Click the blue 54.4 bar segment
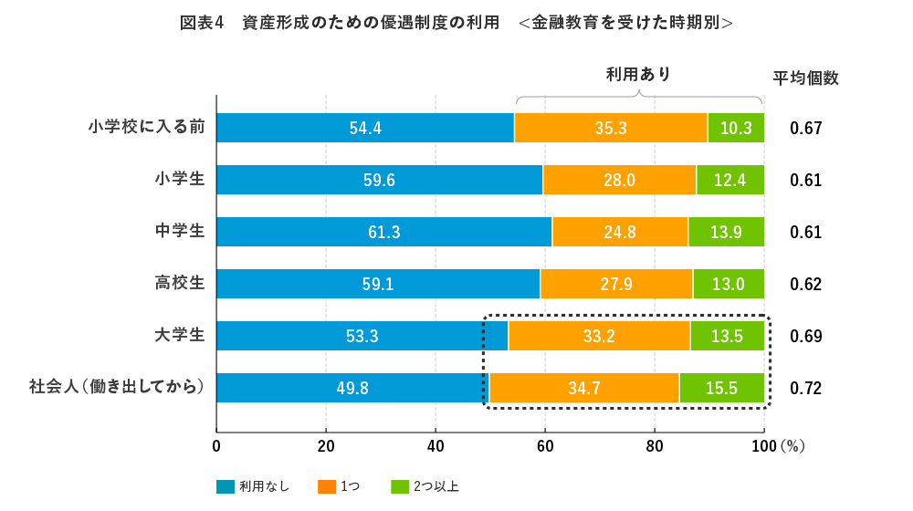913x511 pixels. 365,129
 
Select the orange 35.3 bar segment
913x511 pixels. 611,129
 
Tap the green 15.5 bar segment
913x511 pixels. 721,388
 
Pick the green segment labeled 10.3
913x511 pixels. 736,129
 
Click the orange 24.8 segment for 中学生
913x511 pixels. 620,232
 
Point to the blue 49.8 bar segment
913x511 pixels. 352,388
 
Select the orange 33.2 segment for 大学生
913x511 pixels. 599,336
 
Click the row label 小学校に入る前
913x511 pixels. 146,127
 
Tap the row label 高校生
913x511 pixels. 180,283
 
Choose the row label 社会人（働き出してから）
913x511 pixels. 117,387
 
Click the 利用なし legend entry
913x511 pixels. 253,486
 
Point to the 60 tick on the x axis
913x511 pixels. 545,446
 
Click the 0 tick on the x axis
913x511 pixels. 216,446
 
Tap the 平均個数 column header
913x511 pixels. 805,78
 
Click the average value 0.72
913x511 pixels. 806,388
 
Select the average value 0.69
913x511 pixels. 806,336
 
